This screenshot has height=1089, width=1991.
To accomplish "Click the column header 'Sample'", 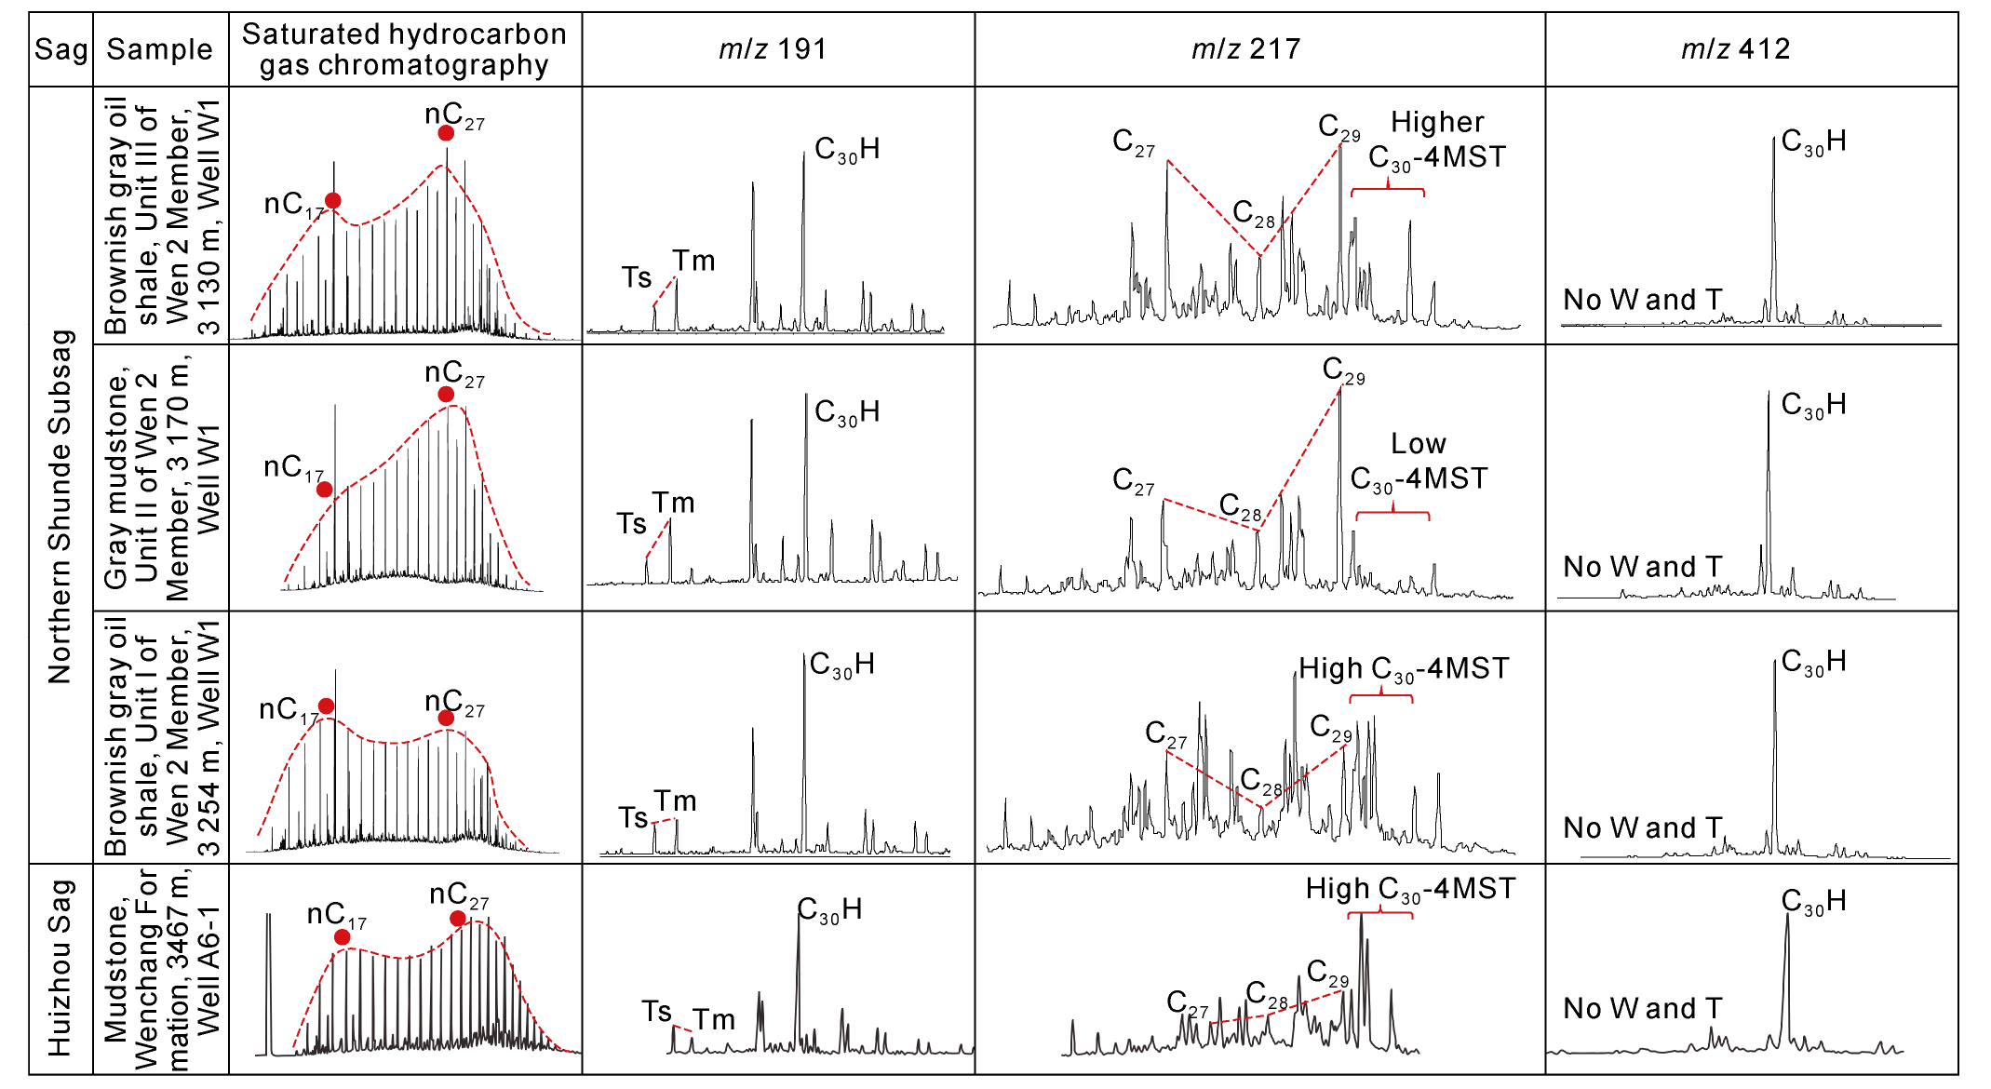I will (159, 49).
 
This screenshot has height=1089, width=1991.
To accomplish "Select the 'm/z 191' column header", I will (773, 49).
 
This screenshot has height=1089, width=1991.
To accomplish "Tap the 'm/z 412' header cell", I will (1735, 49).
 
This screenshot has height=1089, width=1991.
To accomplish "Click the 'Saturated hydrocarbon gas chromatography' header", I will (404, 49).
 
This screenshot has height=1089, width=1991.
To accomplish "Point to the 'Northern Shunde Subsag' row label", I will (61, 507).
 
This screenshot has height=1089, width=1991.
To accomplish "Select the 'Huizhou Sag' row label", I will (61, 968).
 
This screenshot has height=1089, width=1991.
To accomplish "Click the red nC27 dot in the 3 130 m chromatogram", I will (446, 133).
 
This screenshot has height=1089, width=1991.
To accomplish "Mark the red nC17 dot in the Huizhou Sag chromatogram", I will (343, 936).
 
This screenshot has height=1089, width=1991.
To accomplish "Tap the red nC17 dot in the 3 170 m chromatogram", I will (324, 490).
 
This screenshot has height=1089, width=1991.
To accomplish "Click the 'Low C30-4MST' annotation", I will (1419, 463).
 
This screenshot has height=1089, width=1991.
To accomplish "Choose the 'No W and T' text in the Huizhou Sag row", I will (1642, 1008).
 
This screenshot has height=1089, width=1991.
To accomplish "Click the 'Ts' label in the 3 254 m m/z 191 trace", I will (633, 818).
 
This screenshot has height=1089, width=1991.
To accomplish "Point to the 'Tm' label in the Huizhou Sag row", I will (714, 1020).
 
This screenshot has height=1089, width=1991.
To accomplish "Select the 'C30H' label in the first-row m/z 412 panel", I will (1813, 142).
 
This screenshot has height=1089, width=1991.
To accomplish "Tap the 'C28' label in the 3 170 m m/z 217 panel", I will (1241, 507).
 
